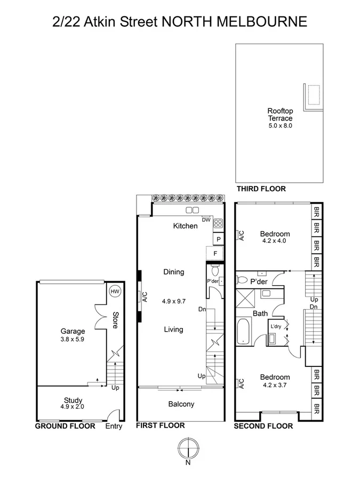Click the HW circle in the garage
(115, 292)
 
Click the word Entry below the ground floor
(114, 426)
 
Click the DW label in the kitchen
(206, 219)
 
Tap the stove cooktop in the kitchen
(218, 224)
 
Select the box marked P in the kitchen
(218, 240)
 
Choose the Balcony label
(181, 404)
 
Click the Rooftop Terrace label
(279, 115)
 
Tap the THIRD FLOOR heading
(261, 189)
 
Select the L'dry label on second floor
(276, 326)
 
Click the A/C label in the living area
(145, 297)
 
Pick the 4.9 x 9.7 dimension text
(173, 301)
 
